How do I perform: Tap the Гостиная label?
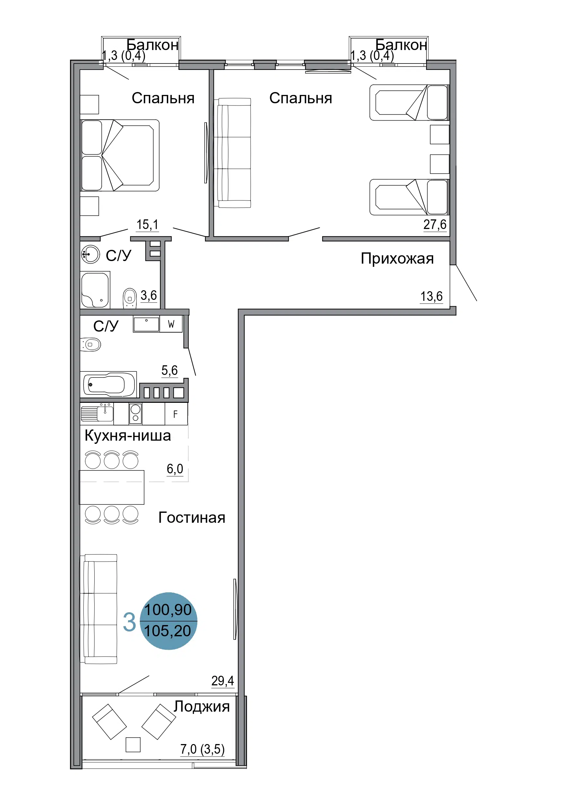tap(192, 518)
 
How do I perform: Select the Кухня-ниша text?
tap(128, 436)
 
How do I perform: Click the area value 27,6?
tap(435, 224)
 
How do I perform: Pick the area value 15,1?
tap(148, 224)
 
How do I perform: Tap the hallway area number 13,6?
tap(431, 296)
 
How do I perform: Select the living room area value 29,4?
tap(223, 681)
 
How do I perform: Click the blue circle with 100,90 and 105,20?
tap(168, 621)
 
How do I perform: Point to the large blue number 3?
tap(129, 622)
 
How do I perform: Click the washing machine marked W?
tap(171, 324)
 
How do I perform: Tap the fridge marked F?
tap(176, 414)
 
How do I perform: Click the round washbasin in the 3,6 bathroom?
tap(90, 254)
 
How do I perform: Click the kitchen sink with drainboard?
tap(97, 412)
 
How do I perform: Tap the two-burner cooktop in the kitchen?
tap(136, 414)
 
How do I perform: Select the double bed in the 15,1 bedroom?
tap(120, 155)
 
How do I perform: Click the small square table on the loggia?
tap(133, 745)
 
